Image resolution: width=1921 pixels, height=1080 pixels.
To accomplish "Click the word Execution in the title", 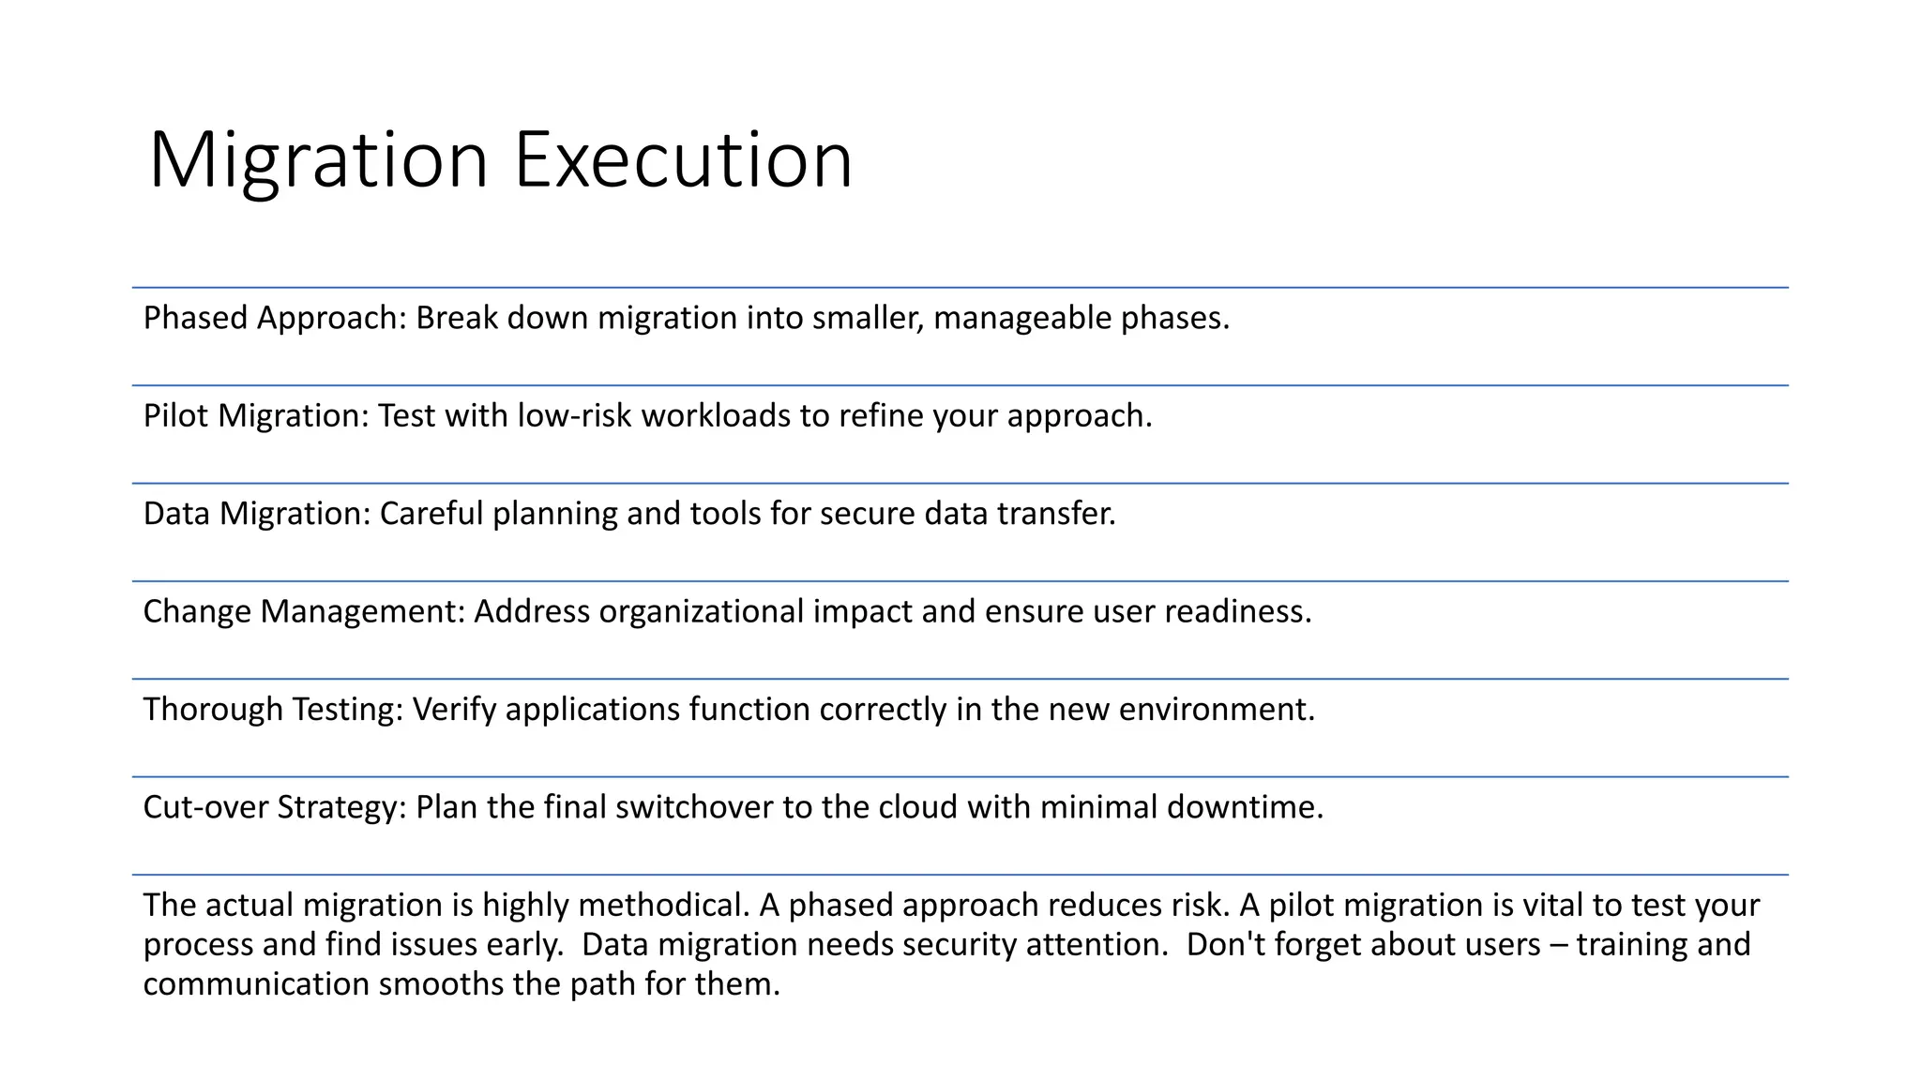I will (x=683, y=159).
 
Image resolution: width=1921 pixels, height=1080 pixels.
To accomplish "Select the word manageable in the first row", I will (x=1022, y=319).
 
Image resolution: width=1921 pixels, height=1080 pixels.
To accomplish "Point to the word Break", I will (x=457, y=319).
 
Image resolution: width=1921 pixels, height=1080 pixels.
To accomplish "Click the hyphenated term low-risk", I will (x=575, y=416).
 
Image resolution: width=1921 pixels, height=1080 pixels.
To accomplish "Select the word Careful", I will (x=431, y=514).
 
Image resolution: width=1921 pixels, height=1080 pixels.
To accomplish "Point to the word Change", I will (x=197, y=611).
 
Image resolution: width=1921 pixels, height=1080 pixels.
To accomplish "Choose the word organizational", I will (x=702, y=611).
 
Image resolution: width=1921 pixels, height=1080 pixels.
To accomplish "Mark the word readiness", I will (x=1237, y=611).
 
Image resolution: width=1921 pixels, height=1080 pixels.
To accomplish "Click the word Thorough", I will (x=213, y=710).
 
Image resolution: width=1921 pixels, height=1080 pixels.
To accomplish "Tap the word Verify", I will (x=454, y=710).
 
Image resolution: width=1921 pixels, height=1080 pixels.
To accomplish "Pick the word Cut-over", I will (x=205, y=807).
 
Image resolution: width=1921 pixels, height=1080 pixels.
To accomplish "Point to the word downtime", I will (x=1244, y=807).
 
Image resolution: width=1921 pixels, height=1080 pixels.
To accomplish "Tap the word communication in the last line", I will (x=256, y=984).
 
